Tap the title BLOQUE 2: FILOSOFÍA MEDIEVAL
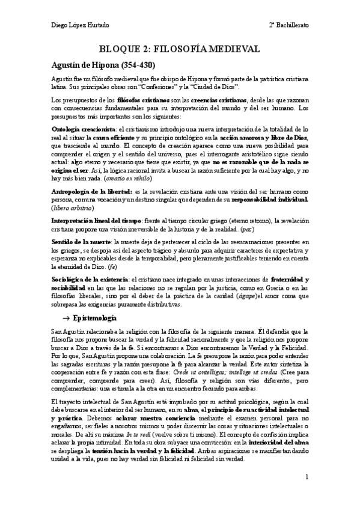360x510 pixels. pyautogui.click(x=180, y=49)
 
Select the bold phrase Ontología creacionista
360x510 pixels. pyautogui.click(x=75, y=129)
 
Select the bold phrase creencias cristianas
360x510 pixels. pyautogui.click(x=213, y=98)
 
